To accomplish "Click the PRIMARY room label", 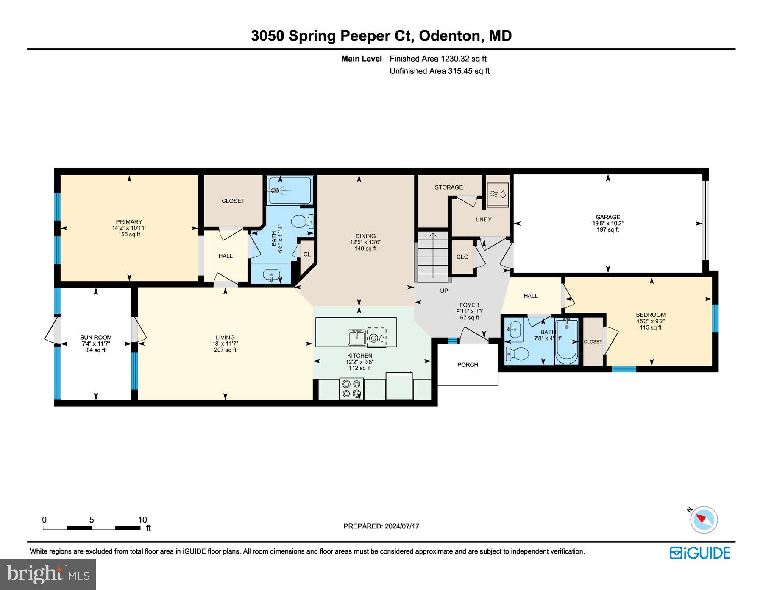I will [x=129, y=222].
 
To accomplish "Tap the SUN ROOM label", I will [x=96, y=338].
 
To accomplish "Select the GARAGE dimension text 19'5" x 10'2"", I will [x=607, y=224].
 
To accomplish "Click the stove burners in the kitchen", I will [x=351, y=389].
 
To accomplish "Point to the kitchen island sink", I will [x=357, y=338].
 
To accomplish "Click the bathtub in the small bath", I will [x=566, y=341].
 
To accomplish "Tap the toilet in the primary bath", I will [x=303, y=221].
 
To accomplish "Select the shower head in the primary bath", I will [x=276, y=190].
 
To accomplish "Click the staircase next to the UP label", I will [x=433, y=256].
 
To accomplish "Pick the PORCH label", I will [x=468, y=365].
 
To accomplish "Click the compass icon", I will [x=704, y=519].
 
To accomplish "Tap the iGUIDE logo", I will [x=700, y=553].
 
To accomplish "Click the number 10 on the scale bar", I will [x=142, y=520].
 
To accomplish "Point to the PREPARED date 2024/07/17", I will [x=401, y=526].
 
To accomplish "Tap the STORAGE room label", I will [x=448, y=187].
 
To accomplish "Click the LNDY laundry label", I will [x=483, y=219].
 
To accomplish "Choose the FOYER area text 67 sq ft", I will [x=469, y=318].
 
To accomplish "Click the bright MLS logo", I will [x=48, y=574].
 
